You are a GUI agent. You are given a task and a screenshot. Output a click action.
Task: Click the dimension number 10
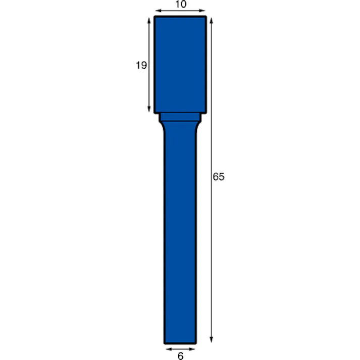[181, 4]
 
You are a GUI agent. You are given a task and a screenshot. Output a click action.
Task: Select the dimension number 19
[141, 65]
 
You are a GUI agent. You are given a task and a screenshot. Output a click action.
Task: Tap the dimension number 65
[218, 177]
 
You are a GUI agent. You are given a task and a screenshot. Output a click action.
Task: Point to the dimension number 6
[180, 356]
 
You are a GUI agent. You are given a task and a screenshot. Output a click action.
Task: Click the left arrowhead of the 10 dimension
[159, 11]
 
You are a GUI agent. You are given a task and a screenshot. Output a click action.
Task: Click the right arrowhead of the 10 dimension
[202, 11]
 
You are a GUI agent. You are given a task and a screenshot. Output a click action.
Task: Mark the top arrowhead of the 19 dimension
[149, 21]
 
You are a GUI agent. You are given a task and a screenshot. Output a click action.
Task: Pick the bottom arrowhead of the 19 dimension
[149, 109]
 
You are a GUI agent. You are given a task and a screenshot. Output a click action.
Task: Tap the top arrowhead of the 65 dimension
[211, 20]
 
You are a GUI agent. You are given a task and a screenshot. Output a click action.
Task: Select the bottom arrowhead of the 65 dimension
[211, 340]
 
